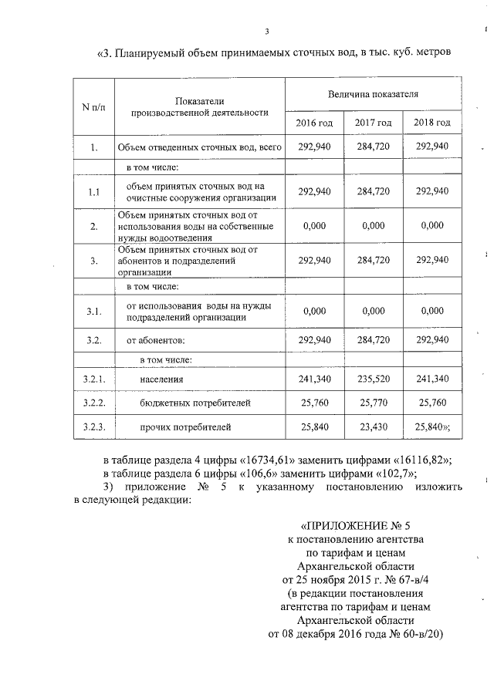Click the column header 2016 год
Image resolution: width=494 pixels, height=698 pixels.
(315, 123)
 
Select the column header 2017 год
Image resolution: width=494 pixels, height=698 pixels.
(373, 123)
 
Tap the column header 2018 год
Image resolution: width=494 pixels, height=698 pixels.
(431, 123)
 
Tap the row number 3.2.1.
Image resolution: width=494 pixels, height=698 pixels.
(93, 379)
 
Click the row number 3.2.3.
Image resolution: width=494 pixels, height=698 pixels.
(93, 425)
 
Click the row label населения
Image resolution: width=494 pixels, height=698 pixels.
(162, 379)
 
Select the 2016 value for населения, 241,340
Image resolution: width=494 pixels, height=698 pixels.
(315, 379)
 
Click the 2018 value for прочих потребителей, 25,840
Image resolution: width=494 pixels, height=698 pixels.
(431, 425)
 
